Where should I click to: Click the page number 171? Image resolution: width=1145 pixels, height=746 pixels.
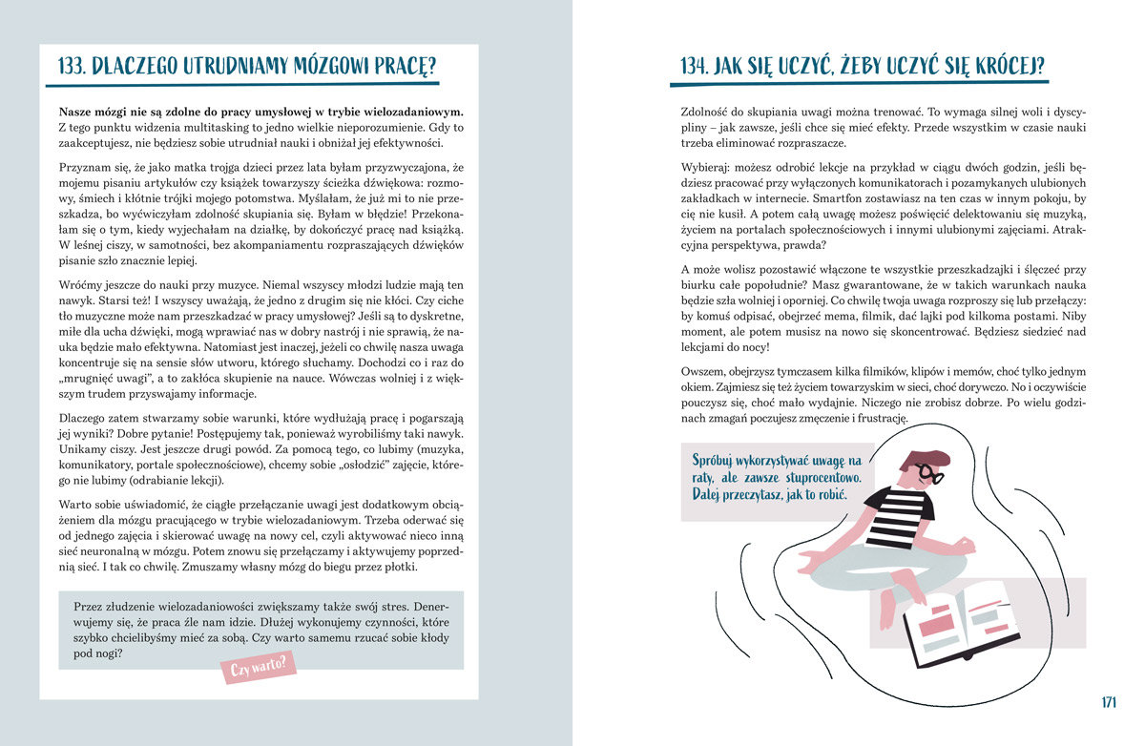(1108, 702)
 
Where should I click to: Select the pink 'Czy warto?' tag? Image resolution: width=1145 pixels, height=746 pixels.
(259, 666)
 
